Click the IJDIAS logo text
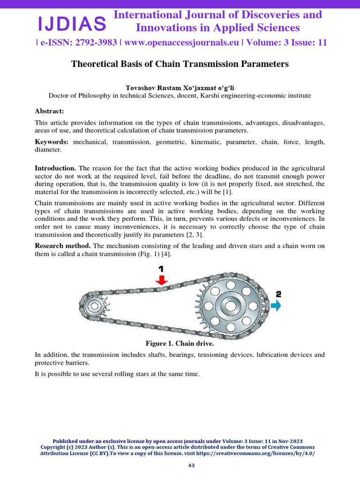coord(72,22)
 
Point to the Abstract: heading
coord(49,111)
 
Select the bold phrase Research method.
coord(63,246)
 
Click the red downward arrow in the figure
coord(161,281)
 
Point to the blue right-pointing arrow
coord(276,306)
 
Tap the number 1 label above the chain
coord(161,269)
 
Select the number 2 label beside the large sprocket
coord(278,294)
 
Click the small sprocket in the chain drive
coord(94,307)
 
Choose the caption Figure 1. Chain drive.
coord(180,344)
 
